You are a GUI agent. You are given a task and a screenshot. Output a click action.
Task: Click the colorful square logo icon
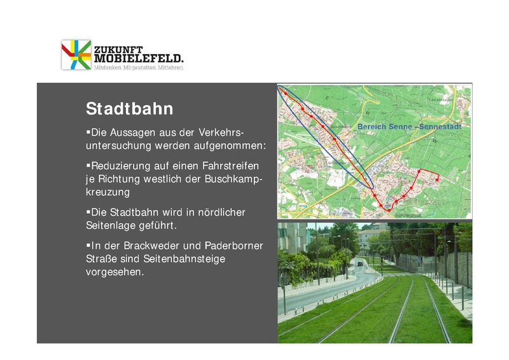point(76,55)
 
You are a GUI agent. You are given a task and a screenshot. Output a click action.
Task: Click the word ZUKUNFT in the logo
point(118,49)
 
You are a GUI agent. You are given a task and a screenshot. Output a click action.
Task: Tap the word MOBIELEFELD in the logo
point(138,59)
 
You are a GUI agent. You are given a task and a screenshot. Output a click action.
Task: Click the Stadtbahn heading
point(129,109)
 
